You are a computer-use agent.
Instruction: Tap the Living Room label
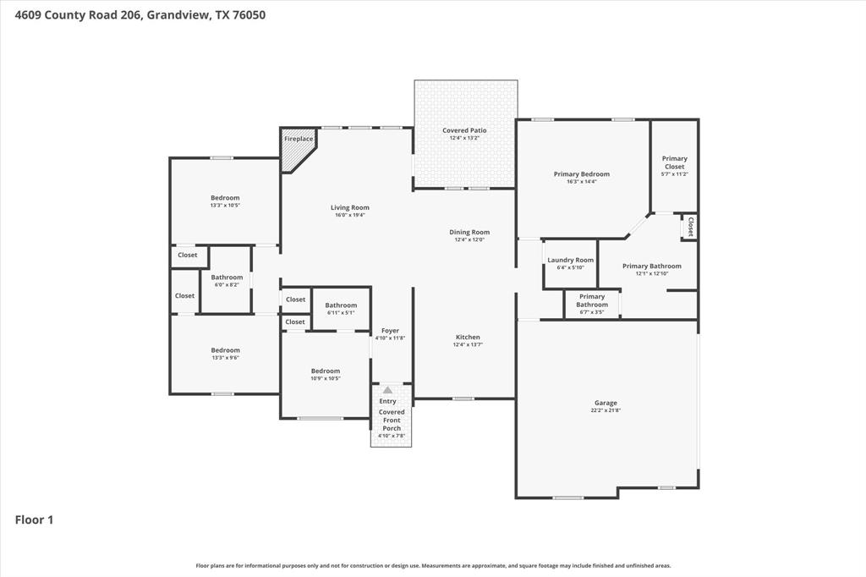[349, 207]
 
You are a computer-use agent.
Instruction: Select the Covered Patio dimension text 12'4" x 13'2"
[464, 138]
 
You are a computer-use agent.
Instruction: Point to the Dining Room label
[469, 232]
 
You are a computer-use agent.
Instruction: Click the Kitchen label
[468, 337]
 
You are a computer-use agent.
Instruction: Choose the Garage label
[606, 403]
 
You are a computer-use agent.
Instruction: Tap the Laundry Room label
[570, 260]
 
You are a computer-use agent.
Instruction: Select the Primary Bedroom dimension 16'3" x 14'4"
[582, 181]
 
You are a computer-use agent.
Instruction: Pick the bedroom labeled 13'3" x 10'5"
[225, 201]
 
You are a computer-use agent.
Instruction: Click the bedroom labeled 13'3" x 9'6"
[225, 354]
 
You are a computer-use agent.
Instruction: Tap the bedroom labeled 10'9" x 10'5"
[325, 374]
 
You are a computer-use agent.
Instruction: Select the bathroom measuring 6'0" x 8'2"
[227, 280]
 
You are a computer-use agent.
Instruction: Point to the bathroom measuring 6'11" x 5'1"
[341, 308]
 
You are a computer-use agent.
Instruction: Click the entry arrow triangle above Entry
[387, 390]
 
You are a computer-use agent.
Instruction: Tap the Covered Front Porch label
[392, 420]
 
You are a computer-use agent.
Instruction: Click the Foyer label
[390, 331]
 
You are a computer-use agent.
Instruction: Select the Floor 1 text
[34, 520]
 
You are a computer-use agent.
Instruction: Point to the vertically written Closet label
[690, 227]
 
